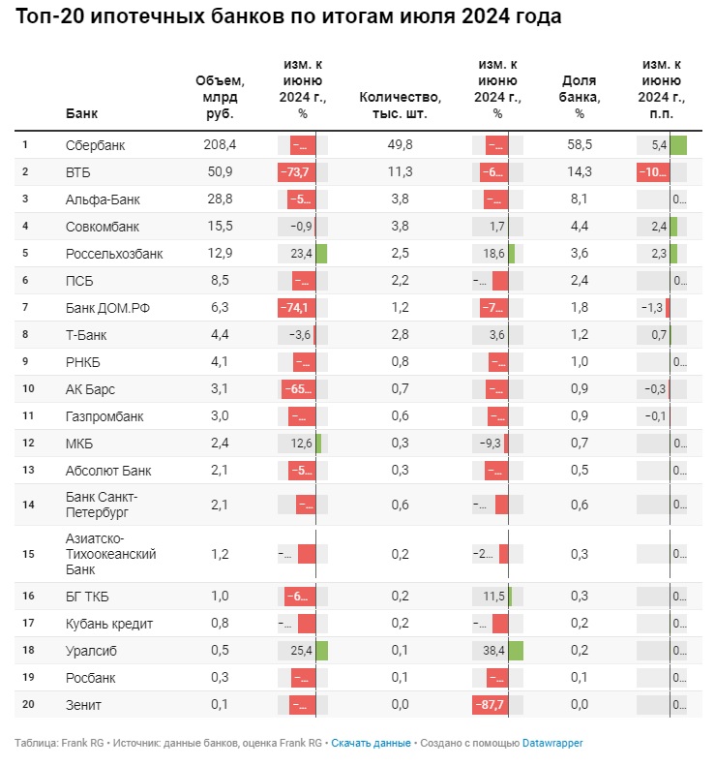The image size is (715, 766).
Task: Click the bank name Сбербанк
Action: point(95,145)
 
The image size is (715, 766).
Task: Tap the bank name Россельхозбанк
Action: point(114,254)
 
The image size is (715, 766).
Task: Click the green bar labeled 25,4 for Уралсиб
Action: point(321,651)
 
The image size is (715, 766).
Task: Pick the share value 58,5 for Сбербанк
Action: point(580,145)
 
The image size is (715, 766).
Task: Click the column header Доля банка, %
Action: point(580,97)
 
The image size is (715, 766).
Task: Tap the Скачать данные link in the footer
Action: point(371,744)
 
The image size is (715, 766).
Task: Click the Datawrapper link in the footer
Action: point(552,744)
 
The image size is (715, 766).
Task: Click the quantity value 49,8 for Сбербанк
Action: point(400,145)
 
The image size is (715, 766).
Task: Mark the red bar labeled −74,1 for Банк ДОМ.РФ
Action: point(296,308)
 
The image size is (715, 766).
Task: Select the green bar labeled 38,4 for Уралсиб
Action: point(516,651)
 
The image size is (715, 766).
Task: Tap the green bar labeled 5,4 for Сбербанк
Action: point(678,145)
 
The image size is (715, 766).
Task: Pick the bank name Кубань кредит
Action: point(108,624)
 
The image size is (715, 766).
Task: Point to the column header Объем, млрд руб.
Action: point(220,97)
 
